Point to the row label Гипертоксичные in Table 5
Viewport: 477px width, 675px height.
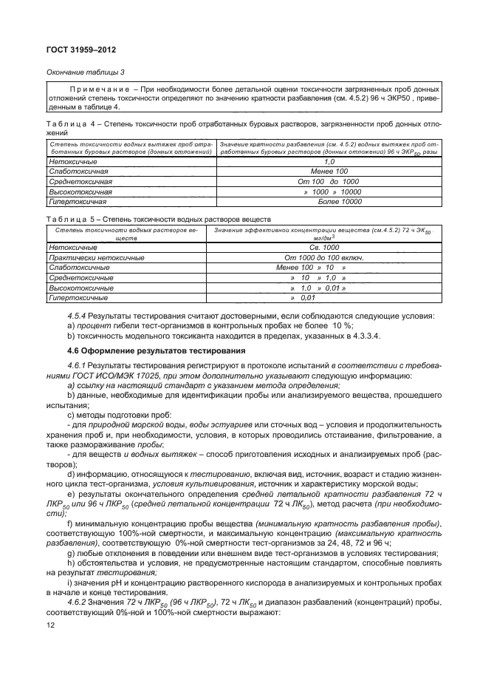pos(78,297)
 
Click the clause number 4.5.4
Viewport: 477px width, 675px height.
pos(77,316)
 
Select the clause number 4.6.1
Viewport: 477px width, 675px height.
pos(77,366)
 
